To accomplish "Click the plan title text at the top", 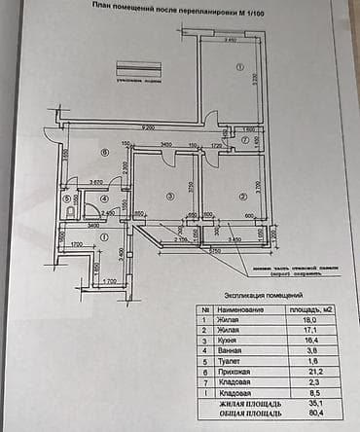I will coord(181,6).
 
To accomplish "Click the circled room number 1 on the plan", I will coord(237,67).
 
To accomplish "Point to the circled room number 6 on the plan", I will coord(103,153).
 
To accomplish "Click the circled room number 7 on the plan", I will coord(246,141).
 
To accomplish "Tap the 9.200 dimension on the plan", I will coord(147,127).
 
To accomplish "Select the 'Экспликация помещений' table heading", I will coord(264,293).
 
